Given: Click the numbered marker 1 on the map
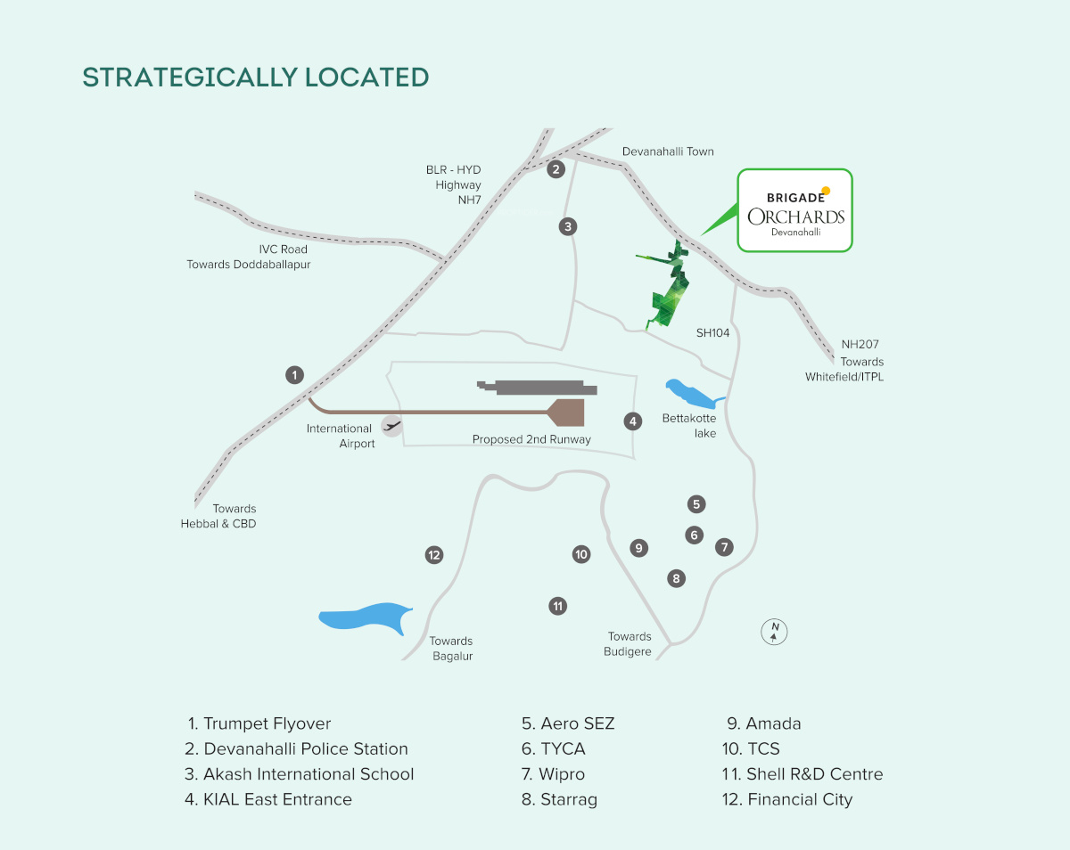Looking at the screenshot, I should pos(295,375).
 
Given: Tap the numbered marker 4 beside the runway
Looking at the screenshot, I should pos(633,421).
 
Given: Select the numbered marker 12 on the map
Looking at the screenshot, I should pos(434,555).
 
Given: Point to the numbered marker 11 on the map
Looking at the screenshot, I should pos(558,606).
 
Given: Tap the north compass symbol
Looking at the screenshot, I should pos(775,632).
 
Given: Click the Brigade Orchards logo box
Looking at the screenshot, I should pos(794,210).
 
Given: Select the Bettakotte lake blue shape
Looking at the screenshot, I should pos(691,393).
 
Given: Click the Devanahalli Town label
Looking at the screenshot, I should pos(668,151).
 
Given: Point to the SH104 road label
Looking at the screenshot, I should pos(713,332).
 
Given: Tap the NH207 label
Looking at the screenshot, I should pos(860,344).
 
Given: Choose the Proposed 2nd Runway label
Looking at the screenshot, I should pos(531,439).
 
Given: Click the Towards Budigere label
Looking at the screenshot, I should pos(630,643).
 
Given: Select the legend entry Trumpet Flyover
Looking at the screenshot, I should pos(259,723).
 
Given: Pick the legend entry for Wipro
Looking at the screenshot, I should pos(554,774).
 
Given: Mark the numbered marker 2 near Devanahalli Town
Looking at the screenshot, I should pos(556,169).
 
